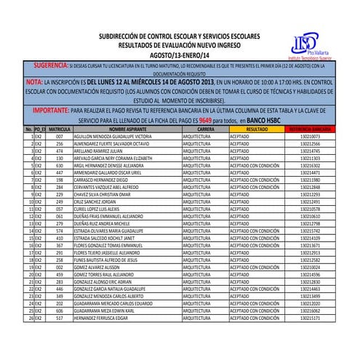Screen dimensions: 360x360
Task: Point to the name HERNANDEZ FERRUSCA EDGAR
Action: pos(105,318)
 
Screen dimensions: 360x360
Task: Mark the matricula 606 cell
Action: pos(60,311)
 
